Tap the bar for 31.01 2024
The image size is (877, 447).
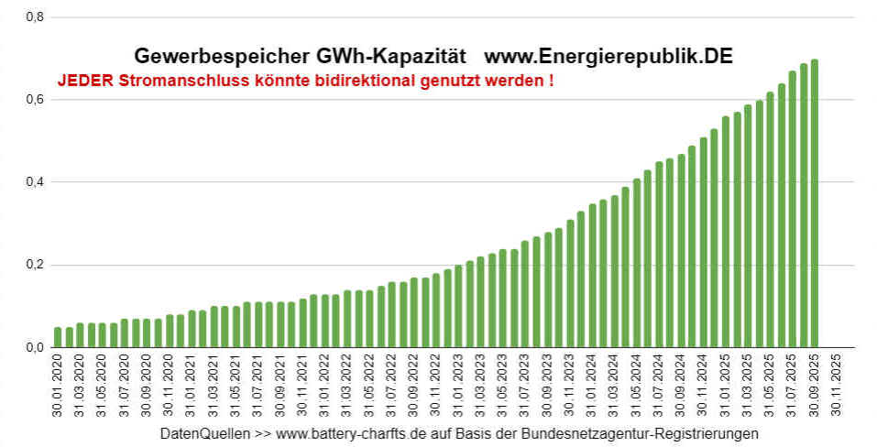(x=592, y=276)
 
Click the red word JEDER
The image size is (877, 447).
(x=85, y=80)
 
